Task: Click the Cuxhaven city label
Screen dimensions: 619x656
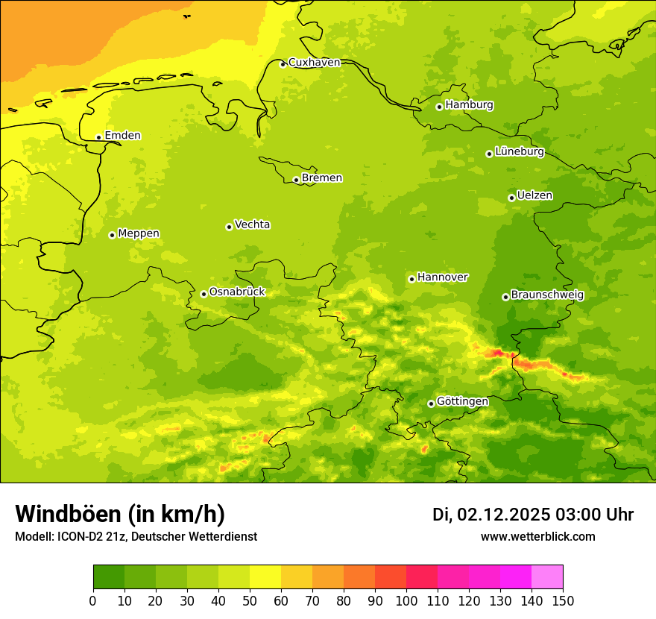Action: click(314, 63)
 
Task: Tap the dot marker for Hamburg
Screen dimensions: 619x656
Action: click(439, 107)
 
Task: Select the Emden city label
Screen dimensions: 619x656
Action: click(122, 136)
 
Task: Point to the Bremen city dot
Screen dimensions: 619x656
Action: click(296, 180)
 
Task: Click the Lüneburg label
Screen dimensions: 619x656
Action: click(520, 152)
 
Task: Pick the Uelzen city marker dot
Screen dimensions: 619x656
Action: click(511, 198)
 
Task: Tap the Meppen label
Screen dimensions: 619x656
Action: click(139, 233)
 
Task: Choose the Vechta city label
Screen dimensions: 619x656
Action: click(252, 224)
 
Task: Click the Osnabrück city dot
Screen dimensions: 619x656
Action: click(204, 294)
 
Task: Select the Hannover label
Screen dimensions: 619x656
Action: click(442, 277)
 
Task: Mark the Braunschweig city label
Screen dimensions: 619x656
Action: click(547, 295)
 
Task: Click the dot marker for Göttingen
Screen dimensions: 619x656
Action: click(431, 403)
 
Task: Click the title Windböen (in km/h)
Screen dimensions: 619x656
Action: click(120, 514)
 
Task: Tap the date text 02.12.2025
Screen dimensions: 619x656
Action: click(504, 515)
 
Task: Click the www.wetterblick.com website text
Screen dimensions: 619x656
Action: click(537, 536)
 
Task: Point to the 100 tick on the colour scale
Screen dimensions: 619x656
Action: click(406, 600)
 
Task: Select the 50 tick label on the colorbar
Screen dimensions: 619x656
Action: click(250, 600)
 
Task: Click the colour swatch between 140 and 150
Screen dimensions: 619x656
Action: click(547, 577)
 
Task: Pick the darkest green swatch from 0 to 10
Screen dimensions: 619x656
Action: click(109, 577)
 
